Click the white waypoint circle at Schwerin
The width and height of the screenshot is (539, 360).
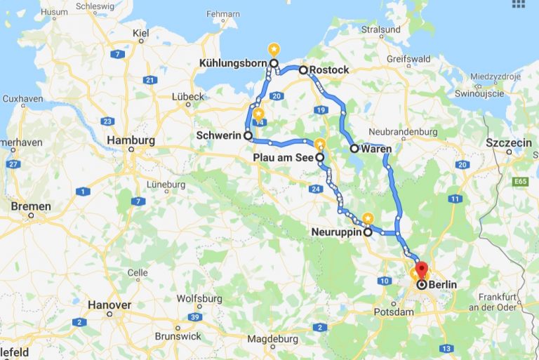pos(248,135)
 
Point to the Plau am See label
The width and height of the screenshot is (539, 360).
pos(284,159)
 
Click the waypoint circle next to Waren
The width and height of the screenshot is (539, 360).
pos(355,149)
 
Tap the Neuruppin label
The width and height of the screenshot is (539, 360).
pos(338,231)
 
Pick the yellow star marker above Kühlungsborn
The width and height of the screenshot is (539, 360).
pos(274,49)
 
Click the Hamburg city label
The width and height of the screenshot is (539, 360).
pos(131,140)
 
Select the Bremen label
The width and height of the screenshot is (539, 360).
pos(31,206)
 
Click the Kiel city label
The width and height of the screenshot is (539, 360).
pos(140,32)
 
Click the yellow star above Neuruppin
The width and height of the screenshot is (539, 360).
pos(367,218)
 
